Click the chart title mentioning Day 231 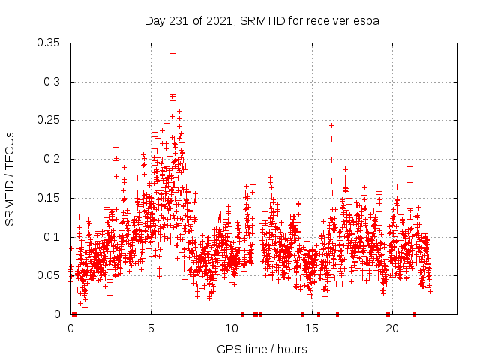point(262,21)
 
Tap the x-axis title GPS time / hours point(262,349)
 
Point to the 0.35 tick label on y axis point(49,43)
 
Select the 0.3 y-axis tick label point(52,82)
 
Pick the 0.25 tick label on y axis point(49,120)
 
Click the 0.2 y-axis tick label point(52,159)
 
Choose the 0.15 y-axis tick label point(49,198)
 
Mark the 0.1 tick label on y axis point(52,237)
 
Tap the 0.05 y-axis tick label point(49,275)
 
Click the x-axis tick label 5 point(151,328)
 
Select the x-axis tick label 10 point(231,328)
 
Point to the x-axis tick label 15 point(311,328)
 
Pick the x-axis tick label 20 point(391,328)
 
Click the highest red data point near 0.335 point(172,53)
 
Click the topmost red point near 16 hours point(331,125)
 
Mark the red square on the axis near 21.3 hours point(413,314)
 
